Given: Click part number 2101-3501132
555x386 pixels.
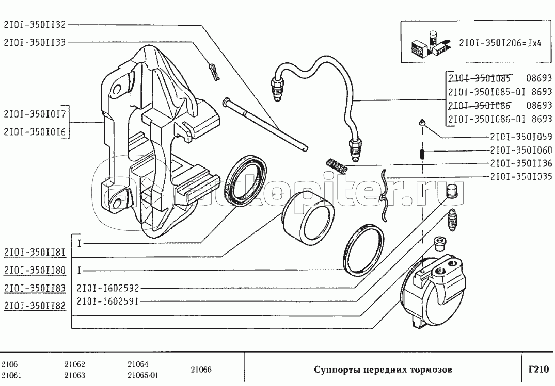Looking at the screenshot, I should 35,24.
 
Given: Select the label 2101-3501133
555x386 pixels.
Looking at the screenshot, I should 35,42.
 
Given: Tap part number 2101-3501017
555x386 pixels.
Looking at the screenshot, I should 35,113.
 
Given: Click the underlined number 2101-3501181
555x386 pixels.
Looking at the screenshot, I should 35,253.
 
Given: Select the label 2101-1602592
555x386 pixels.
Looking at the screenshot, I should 108,288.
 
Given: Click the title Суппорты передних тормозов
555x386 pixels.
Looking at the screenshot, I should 383,370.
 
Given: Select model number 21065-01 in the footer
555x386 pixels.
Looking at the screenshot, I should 142,375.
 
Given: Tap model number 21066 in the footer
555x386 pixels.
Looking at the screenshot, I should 201,370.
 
